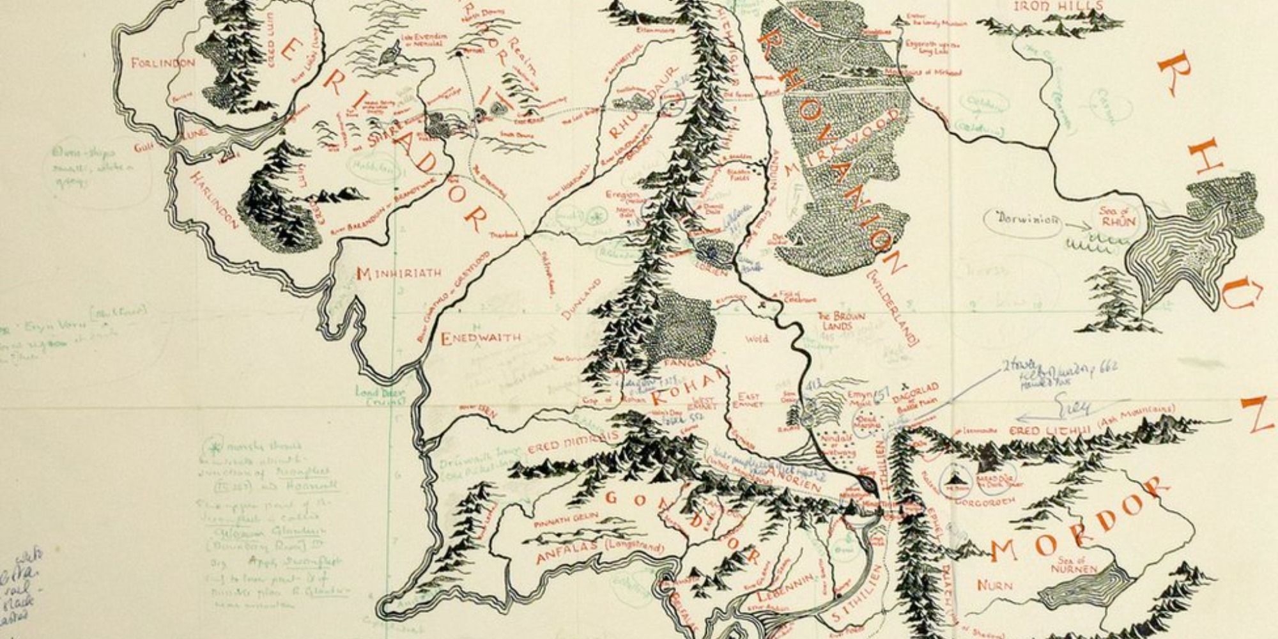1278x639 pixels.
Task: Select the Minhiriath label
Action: tap(399, 274)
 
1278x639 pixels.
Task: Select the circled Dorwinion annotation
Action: tap(1023, 220)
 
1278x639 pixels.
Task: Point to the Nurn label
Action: tap(994, 585)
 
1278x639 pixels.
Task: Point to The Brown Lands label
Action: tap(842, 320)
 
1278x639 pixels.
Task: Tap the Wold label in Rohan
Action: tap(757, 339)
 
